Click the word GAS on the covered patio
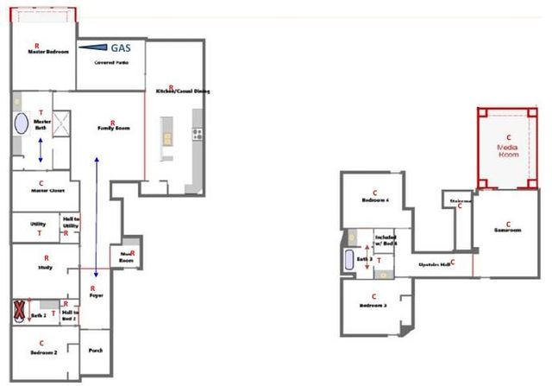click(121, 48)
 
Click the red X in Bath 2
click(19, 311)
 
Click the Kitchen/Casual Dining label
click(182, 91)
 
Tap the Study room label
click(46, 268)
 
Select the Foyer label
click(94, 295)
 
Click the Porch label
click(96, 351)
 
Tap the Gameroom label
click(508, 231)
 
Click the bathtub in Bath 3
click(349, 260)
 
